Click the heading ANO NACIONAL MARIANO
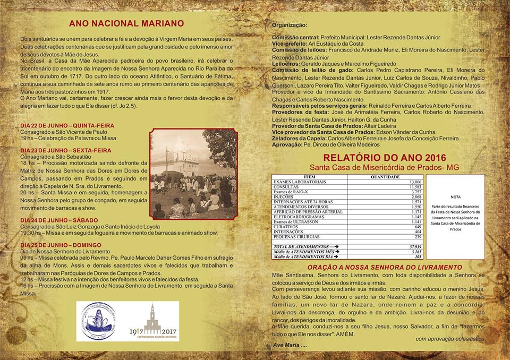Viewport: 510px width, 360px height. coord(126,23)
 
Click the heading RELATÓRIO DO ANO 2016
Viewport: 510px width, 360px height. coord(378,158)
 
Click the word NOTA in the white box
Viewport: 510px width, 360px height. coord(456,196)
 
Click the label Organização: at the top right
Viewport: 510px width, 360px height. coord(290,25)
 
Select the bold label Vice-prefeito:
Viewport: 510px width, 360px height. coord(290,44)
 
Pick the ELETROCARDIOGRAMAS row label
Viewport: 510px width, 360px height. coord(298,217)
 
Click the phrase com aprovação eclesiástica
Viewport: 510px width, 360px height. coord(449,338)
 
